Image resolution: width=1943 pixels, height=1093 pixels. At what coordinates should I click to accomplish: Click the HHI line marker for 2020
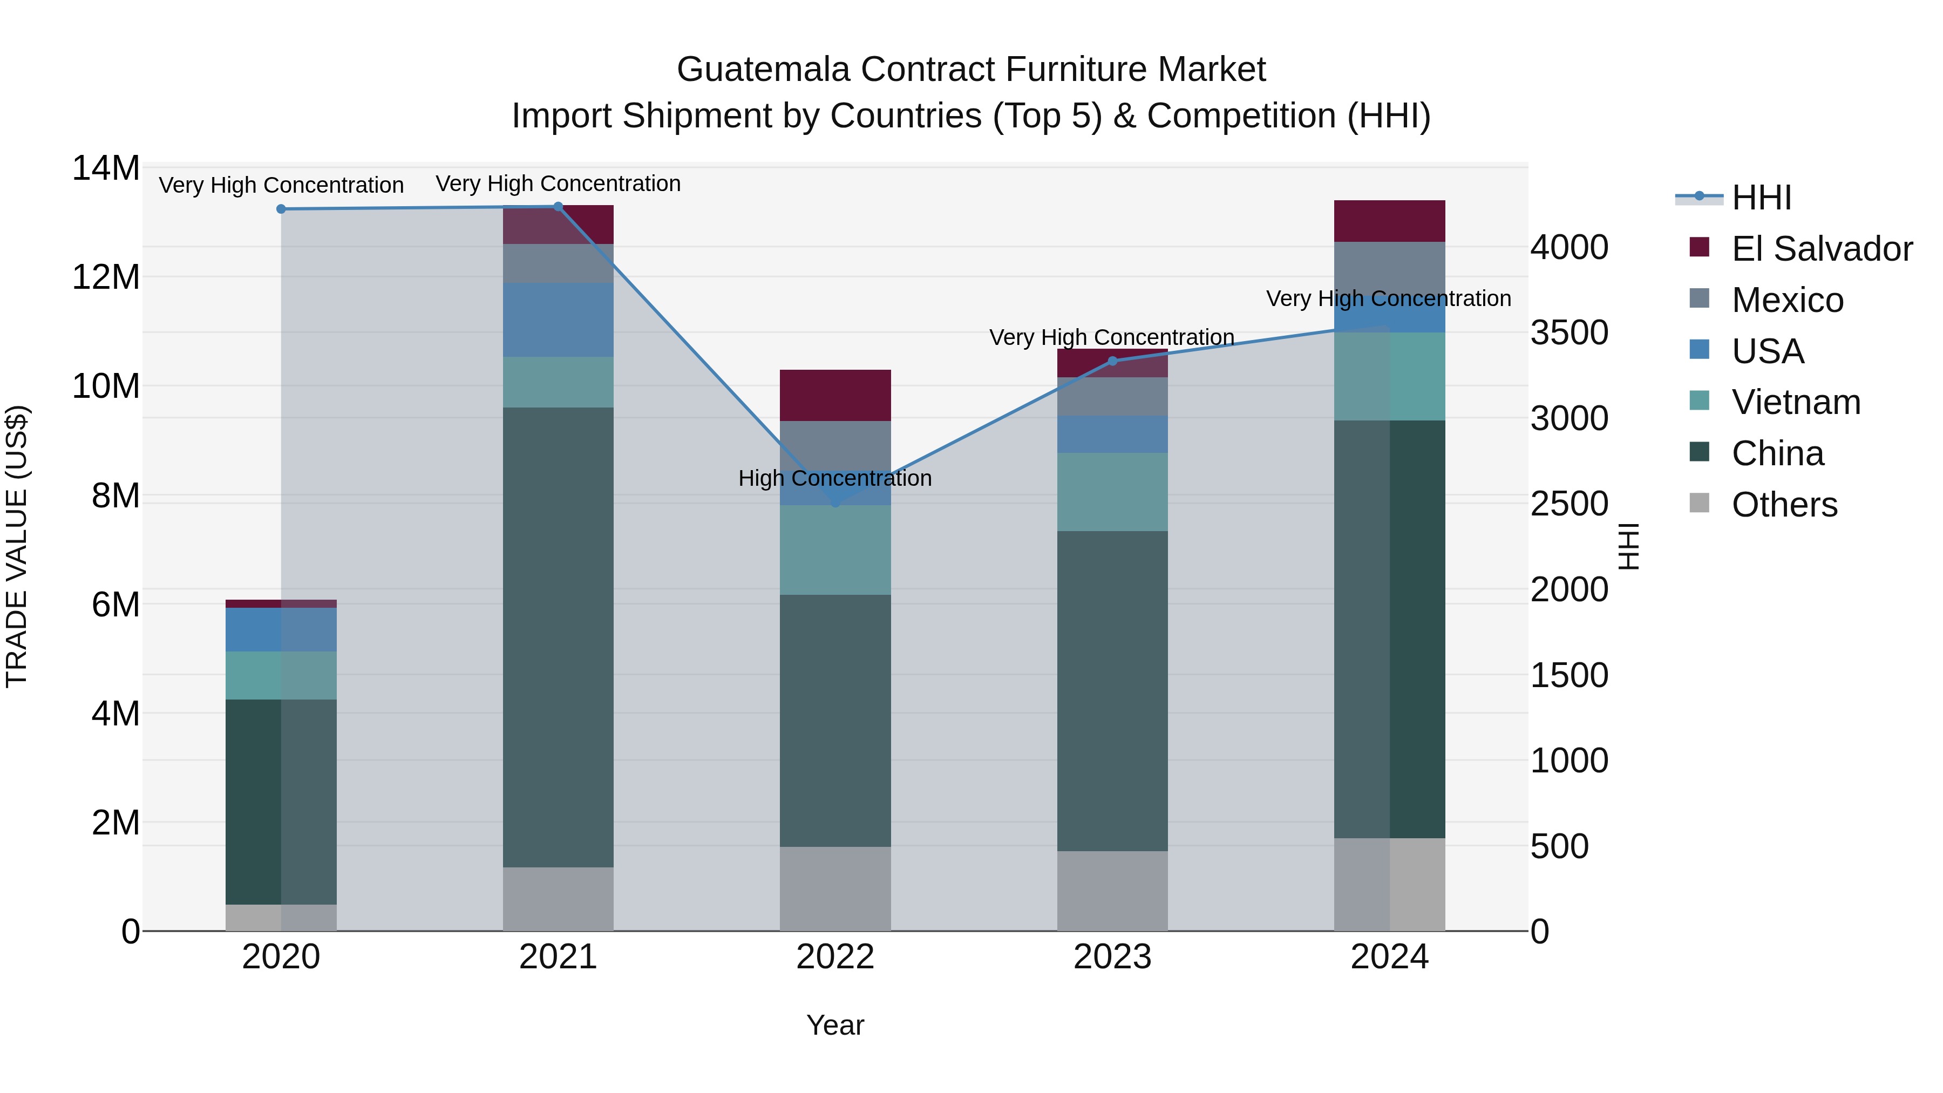pyautogui.click(x=281, y=209)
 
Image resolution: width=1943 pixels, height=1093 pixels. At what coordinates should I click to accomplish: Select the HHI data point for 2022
pyautogui.click(x=835, y=503)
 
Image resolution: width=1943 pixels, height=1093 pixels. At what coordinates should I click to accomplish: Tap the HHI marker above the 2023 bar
pyautogui.click(x=1112, y=361)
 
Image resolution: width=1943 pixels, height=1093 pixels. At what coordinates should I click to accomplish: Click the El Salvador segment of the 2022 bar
pyautogui.click(x=835, y=395)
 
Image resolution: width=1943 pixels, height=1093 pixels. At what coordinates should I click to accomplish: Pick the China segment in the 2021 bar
pyautogui.click(x=558, y=637)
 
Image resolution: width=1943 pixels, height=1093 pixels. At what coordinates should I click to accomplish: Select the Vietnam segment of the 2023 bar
pyautogui.click(x=1112, y=492)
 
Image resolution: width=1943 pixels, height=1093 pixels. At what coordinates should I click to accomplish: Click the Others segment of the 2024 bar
pyautogui.click(x=1389, y=884)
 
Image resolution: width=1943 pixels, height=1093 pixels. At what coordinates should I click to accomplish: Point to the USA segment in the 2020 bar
pyautogui.click(x=281, y=630)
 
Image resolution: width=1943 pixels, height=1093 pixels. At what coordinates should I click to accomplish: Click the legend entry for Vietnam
pyautogui.click(x=1795, y=402)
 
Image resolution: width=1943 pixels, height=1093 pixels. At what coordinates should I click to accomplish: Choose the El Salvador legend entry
pyautogui.click(x=1821, y=249)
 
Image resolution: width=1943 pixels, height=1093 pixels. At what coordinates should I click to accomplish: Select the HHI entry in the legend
pyautogui.click(x=1761, y=198)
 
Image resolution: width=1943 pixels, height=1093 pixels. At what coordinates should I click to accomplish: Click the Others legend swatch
pyautogui.click(x=1700, y=503)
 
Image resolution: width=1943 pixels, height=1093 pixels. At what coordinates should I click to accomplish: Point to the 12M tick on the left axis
pyautogui.click(x=106, y=277)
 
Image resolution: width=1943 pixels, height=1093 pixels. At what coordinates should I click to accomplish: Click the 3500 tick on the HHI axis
pyautogui.click(x=1569, y=332)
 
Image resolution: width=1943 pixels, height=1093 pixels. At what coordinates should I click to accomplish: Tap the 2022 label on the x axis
pyautogui.click(x=835, y=957)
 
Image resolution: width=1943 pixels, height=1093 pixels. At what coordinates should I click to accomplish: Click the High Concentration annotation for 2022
pyautogui.click(x=835, y=478)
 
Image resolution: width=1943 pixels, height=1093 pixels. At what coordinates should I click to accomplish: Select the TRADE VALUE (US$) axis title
pyautogui.click(x=17, y=546)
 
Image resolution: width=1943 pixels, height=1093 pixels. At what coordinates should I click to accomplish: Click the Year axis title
pyautogui.click(x=835, y=1025)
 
